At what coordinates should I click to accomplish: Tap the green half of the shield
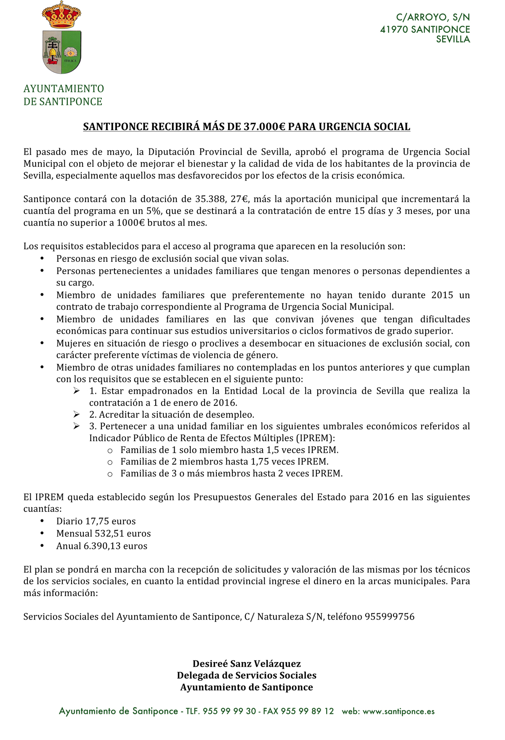pos(71,51)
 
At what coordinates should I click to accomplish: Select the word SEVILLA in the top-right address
pos(453,40)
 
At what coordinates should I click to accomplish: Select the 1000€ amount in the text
pos(130,223)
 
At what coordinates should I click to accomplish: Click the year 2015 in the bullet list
pos(442,295)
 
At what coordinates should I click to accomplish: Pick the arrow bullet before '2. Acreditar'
pos(77,415)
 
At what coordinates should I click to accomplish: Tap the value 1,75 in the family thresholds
pos(260,462)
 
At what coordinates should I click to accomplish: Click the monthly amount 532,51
pos(105,534)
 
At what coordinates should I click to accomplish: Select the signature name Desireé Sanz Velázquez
pos(247,664)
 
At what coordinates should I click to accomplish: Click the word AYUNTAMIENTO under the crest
pos(64,89)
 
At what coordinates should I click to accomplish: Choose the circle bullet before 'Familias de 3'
pos(110,474)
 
